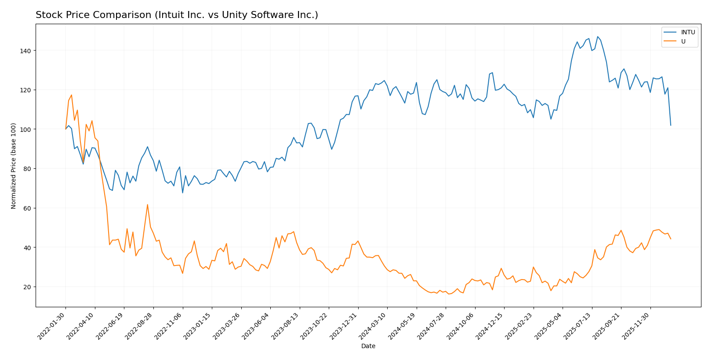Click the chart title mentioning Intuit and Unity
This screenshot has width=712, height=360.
[x=177, y=15]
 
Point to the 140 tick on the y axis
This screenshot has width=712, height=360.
[x=25, y=51]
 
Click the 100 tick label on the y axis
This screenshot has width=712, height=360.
[x=25, y=130]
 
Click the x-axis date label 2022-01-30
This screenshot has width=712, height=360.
[x=52, y=325]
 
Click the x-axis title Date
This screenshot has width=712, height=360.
[x=368, y=346]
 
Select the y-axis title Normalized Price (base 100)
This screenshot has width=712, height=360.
[x=14, y=165]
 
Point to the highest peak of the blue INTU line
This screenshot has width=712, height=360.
[x=597, y=36]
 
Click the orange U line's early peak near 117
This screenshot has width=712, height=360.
[x=72, y=95]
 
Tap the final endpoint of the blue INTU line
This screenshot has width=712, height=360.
[x=671, y=125]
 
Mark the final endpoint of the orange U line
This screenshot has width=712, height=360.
[x=671, y=239]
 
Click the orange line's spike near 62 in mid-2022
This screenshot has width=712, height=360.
[x=148, y=204]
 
